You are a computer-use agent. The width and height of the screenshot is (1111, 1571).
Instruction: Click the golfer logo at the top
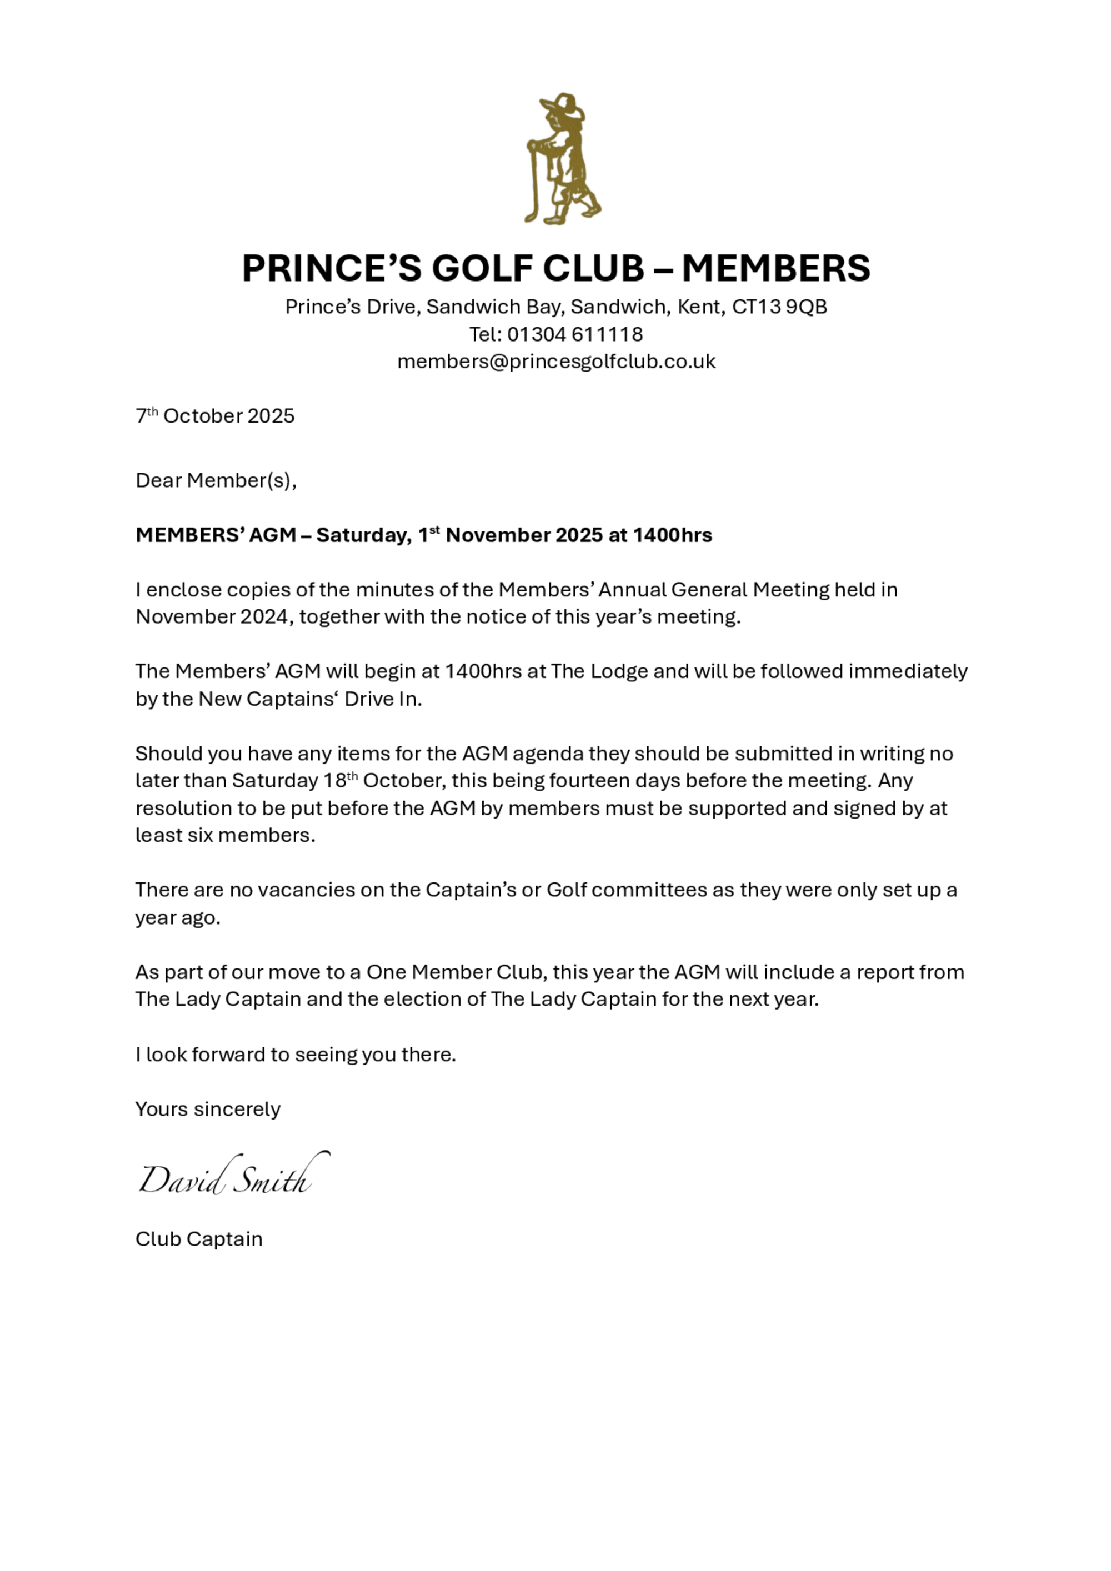tap(563, 159)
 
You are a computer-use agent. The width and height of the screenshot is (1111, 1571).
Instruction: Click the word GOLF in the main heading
tap(479, 268)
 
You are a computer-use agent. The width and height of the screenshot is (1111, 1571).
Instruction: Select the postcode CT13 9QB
tap(779, 307)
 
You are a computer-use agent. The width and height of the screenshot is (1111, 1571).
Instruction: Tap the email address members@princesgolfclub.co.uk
tap(556, 362)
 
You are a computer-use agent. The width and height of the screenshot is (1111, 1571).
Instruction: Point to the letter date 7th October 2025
tap(215, 416)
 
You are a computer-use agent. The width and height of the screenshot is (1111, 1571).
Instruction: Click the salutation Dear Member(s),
tap(216, 480)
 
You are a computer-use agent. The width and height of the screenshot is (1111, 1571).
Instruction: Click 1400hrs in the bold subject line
tap(672, 535)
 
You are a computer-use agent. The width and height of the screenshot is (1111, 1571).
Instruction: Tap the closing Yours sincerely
tap(207, 1109)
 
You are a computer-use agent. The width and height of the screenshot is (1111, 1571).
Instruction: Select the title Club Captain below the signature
tap(198, 1239)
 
